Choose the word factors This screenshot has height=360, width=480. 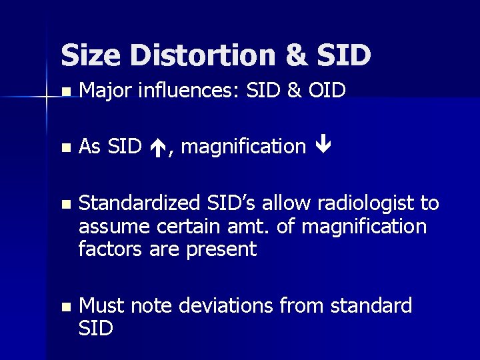coord(109,249)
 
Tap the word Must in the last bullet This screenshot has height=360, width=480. coord(101,305)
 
